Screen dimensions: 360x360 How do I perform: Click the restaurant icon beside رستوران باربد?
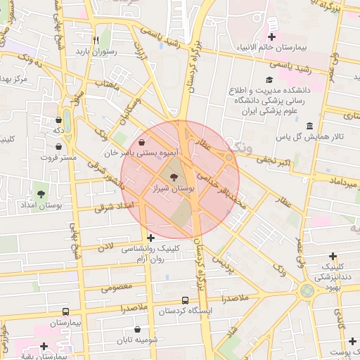(x=96, y=40)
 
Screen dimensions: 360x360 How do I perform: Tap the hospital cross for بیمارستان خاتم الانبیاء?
(x=272, y=36)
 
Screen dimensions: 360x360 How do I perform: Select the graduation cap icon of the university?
(x=269, y=80)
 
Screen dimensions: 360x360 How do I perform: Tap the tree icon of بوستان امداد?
(x=40, y=193)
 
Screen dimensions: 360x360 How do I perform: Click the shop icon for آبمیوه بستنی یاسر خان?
(x=142, y=141)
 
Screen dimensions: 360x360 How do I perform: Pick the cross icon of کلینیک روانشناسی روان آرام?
(x=150, y=238)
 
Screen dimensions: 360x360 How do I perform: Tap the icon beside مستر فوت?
(x=58, y=148)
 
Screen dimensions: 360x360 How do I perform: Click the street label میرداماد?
(x=336, y=181)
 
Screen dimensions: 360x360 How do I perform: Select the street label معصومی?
(x=115, y=286)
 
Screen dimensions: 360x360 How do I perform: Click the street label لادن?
(x=105, y=247)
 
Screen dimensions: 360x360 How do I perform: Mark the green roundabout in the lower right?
(x=307, y=290)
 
